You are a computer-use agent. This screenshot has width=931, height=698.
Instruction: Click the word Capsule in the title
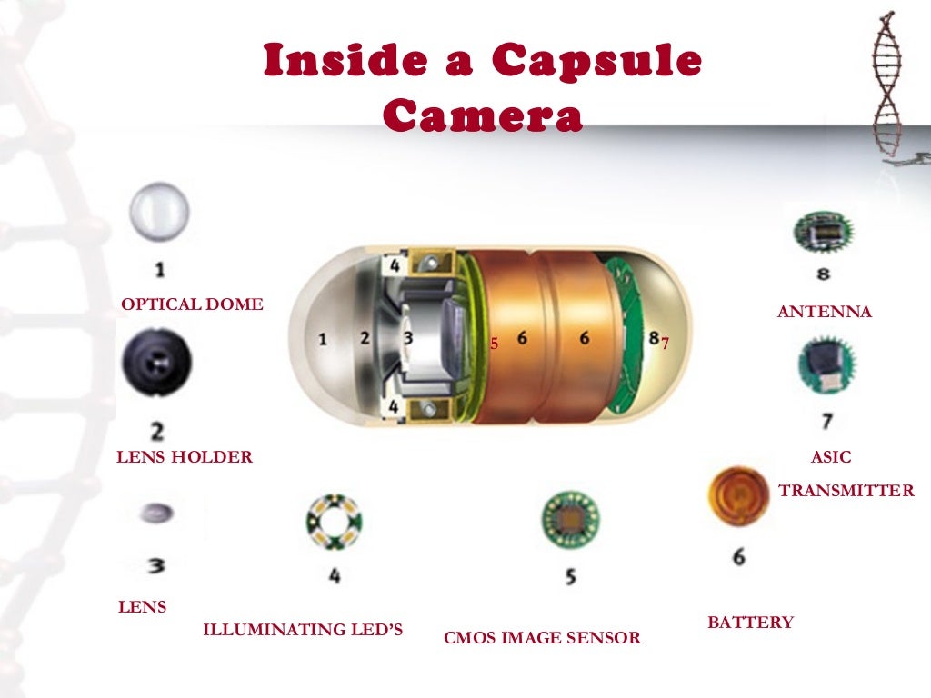(596, 62)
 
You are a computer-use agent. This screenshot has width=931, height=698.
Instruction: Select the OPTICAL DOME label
(192, 304)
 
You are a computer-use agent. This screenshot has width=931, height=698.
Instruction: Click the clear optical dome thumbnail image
(159, 211)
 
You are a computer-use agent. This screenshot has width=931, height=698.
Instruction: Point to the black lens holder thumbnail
(156, 362)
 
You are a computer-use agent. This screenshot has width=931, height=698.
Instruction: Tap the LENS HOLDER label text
(185, 457)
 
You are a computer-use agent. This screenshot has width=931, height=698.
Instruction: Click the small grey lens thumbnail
(156, 514)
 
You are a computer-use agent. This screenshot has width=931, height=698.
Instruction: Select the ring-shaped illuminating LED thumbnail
(334, 522)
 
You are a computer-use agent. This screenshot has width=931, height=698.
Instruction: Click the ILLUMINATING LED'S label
(302, 630)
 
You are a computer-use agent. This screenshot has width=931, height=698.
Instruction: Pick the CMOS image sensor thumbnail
(570, 520)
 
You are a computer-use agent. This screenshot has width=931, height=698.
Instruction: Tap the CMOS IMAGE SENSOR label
(542, 638)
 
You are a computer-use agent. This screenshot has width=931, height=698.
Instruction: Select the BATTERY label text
(750, 623)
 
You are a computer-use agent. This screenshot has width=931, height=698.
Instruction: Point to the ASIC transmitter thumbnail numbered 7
(826, 366)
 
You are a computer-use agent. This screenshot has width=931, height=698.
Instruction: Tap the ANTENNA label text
(824, 312)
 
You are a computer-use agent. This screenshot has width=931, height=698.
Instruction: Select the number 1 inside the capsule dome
(323, 339)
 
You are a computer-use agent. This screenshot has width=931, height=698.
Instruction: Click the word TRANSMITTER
(846, 491)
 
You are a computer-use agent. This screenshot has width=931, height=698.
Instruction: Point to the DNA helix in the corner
(888, 86)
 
